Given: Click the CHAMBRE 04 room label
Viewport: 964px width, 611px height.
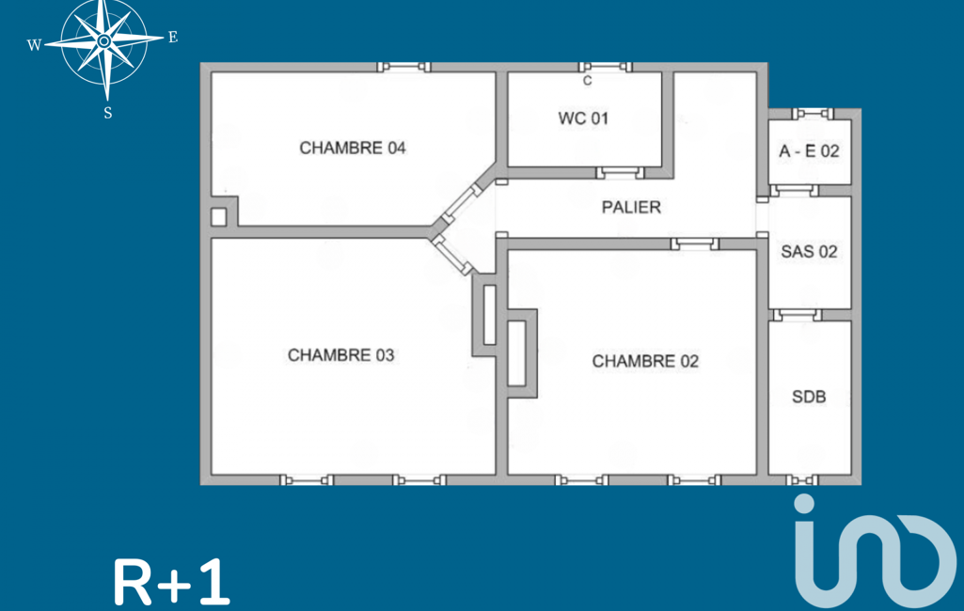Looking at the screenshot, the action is coord(353,149).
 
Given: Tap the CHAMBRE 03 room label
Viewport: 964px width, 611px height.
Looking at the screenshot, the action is coord(340,355).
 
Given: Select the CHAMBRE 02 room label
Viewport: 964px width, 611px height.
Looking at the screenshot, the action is coord(645,362).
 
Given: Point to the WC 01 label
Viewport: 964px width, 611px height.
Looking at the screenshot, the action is coord(583,118).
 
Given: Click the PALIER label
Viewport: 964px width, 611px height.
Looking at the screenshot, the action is coord(631,208).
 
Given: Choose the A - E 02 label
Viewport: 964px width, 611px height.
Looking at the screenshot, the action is coord(809,151).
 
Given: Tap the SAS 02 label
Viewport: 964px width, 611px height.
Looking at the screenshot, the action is coord(809,251).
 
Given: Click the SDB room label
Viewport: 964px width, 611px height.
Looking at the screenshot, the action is coord(809,397).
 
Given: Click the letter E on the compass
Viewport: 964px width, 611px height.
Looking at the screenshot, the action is coord(173,38).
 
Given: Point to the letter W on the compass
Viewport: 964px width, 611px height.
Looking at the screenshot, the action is coord(35,45).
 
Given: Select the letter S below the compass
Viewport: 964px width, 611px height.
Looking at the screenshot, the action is coord(107,113).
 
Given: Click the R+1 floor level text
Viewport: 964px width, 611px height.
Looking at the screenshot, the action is coord(171,582).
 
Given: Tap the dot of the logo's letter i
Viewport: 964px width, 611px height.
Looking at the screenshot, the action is coord(804,504).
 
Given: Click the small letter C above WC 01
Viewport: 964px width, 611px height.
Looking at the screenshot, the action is coord(587,81).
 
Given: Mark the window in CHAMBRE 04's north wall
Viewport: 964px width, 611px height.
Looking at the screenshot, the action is coord(403,67).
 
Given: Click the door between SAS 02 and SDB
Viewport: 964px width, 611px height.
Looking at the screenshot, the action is coord(797,315).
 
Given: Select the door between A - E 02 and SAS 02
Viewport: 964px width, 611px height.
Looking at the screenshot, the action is coord(795,191).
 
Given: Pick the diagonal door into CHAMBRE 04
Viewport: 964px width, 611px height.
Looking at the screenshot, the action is coord(462,203).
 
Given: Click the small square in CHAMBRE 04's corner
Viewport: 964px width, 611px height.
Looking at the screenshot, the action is coord(219,217).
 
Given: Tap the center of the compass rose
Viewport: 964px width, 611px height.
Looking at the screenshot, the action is coord(104,41).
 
